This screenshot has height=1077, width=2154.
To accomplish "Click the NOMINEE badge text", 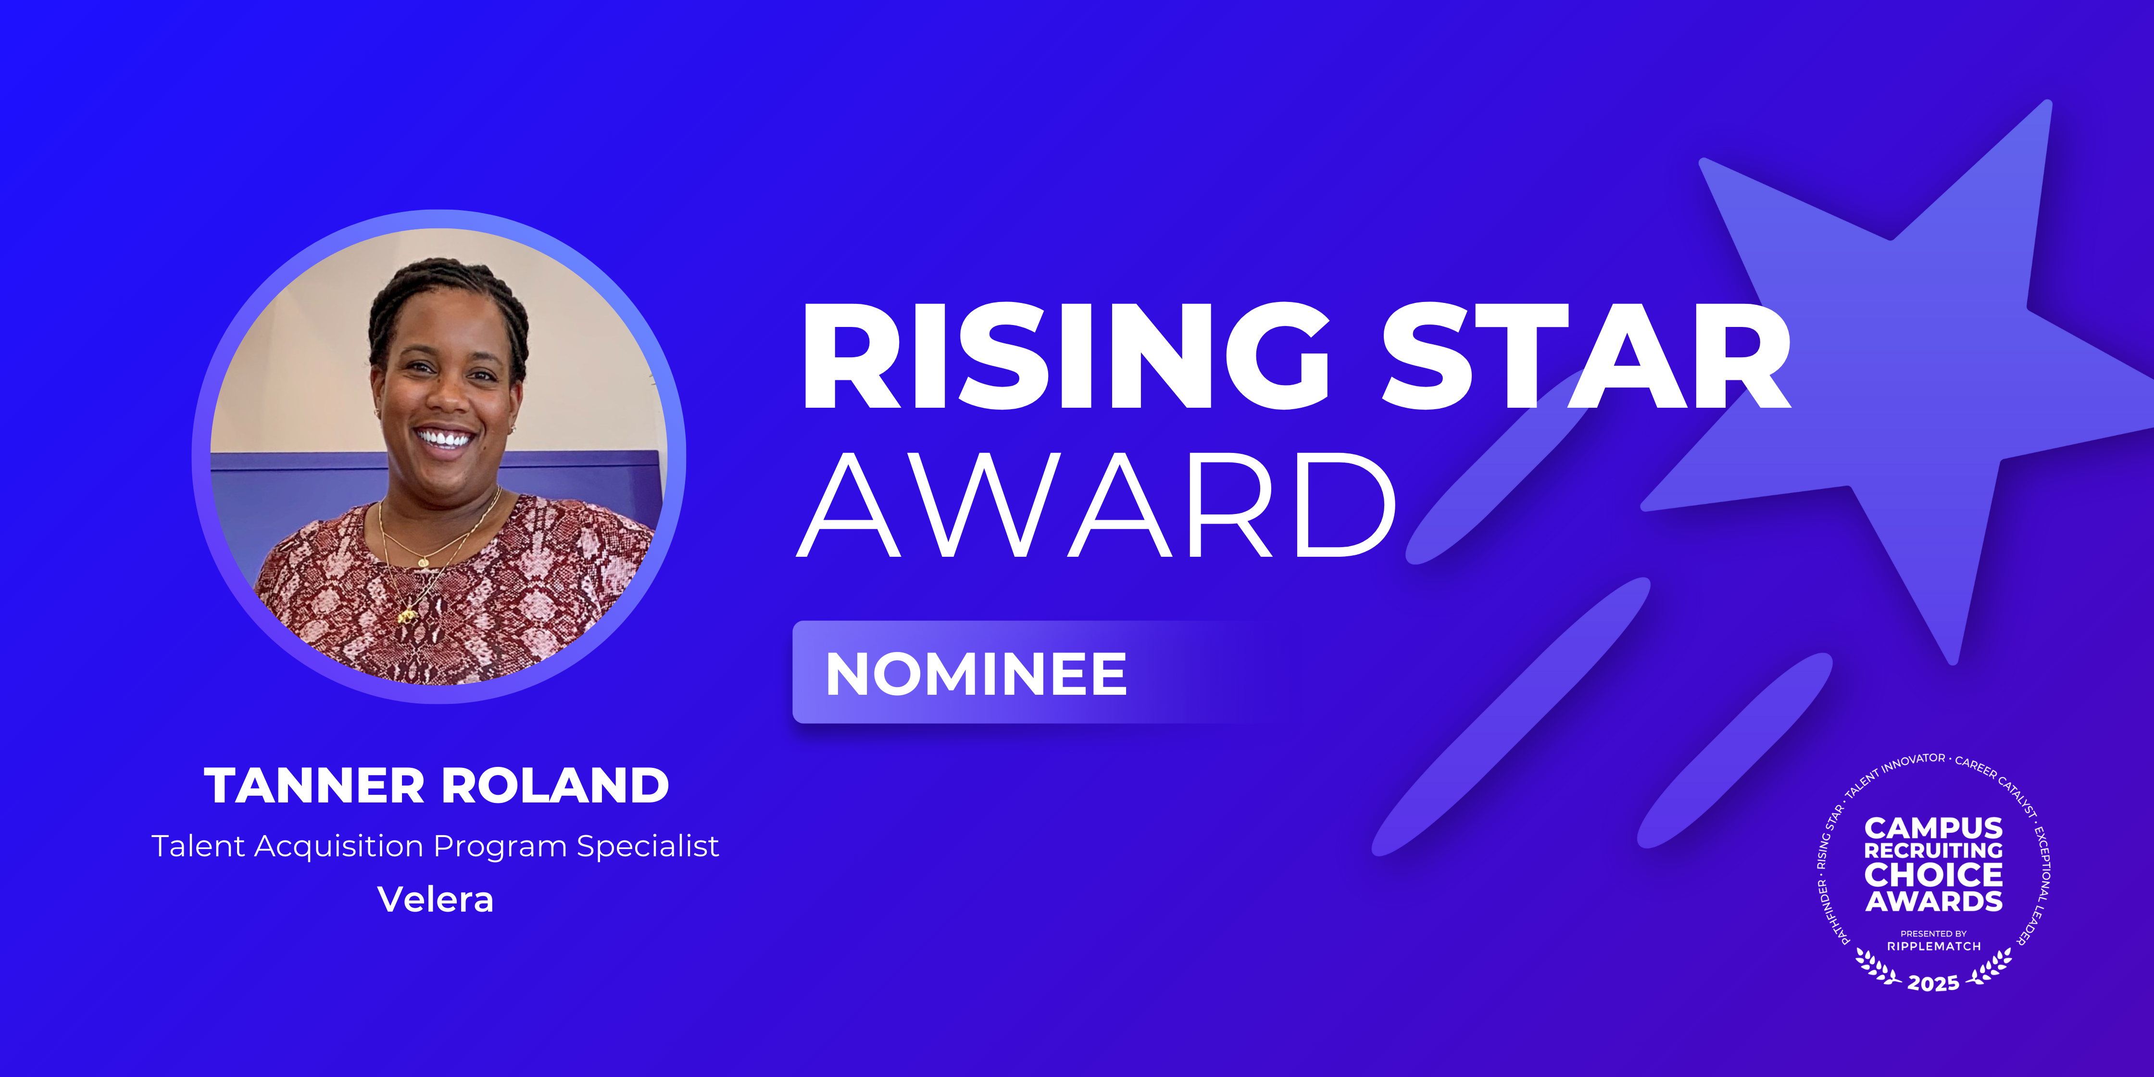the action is click(x=977, y=674).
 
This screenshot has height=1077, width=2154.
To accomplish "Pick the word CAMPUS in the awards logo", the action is click(x=1933, y=828).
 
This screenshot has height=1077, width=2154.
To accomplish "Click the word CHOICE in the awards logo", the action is click(x=1933, y=876).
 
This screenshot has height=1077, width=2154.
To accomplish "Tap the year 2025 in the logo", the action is click(x=1933, y=983).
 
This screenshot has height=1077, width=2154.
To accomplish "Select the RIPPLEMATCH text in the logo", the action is click(x=1933, y=947).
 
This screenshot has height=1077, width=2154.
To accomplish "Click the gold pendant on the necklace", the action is click(x=407, y=617).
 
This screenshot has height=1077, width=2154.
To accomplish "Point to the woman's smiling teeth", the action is click(x=443, y=438).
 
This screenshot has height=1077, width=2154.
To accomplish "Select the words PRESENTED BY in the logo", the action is click(x=1933, y=933).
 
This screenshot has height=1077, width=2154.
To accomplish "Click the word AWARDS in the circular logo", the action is click(x=1933, y=902).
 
